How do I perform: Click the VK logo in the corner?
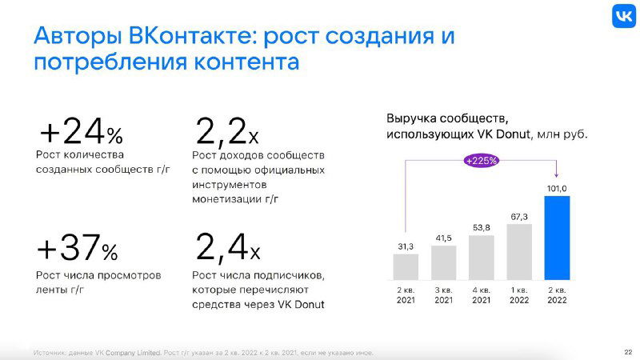624,16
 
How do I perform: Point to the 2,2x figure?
227,130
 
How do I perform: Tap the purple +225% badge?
482,160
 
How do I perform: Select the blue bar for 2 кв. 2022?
557,238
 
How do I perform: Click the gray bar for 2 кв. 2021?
406,266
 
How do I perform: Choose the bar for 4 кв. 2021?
481,257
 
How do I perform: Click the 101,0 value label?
557,188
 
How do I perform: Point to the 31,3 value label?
406,246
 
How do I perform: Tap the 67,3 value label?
519,216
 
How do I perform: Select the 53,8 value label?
481,227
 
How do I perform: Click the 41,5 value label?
443,238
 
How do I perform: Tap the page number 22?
627,352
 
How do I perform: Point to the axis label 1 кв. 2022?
519,294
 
